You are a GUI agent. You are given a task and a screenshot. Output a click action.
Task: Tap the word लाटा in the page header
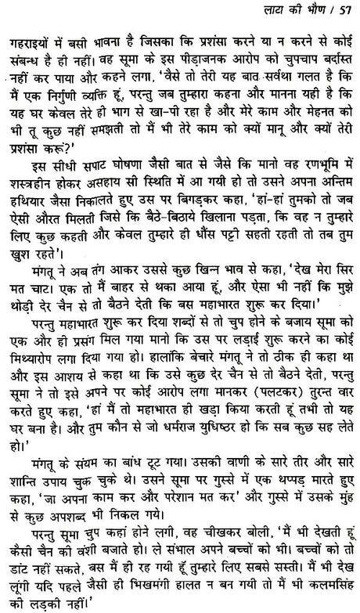coord(275,9)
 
